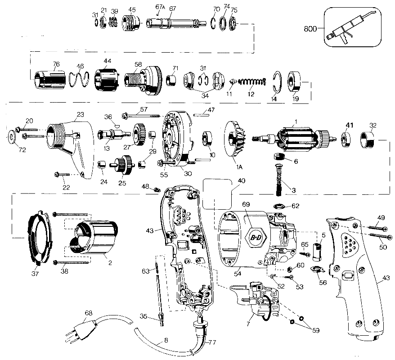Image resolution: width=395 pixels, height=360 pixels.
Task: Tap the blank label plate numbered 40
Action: click(218, 193)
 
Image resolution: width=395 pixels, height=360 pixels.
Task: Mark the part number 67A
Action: click(160, 7)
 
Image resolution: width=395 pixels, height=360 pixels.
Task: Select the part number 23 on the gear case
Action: click(80, 114)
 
